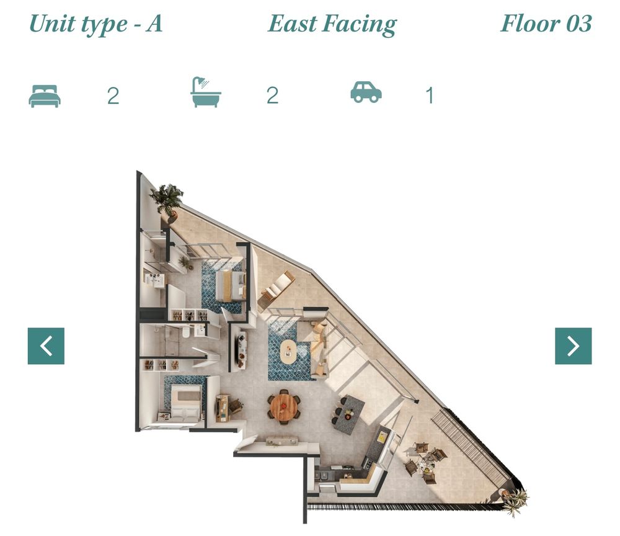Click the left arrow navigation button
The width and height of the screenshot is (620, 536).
click(46, 346)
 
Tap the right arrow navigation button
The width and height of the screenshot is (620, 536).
click(573, 346)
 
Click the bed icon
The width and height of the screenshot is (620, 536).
click(45, 96)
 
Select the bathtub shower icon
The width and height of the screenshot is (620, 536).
click(205, 92)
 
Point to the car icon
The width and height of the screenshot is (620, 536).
click(366, 92)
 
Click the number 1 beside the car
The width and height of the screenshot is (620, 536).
click(430, 96)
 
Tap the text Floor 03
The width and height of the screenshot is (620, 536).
click(546, 24)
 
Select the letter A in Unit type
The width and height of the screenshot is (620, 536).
click(154, 24)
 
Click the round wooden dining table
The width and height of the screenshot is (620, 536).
click(283, 406)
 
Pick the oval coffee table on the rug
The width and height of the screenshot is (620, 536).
click(291, 352)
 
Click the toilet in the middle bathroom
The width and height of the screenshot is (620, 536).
click(186, 333)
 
